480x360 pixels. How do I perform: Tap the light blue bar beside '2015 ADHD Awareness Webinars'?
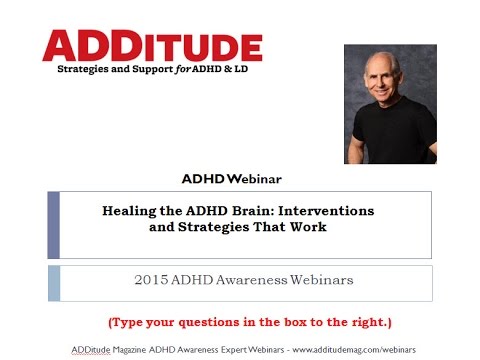[x=54, y=283]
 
